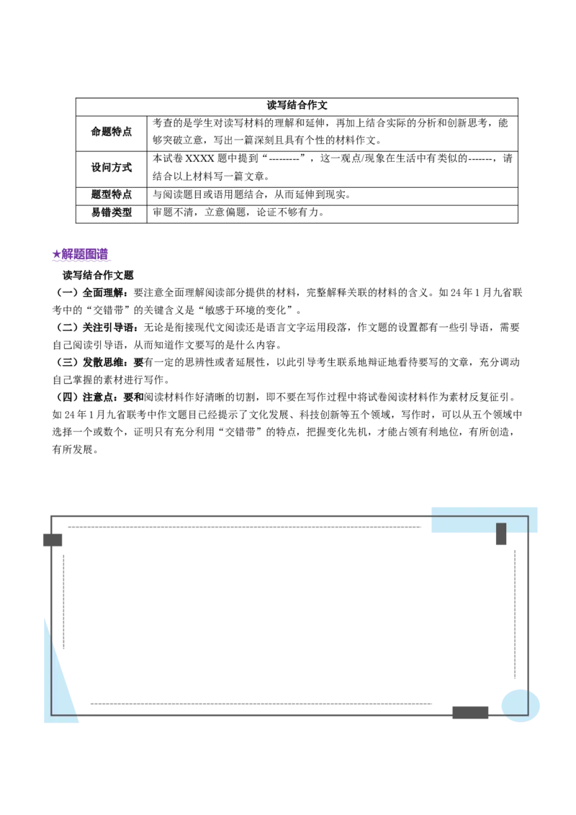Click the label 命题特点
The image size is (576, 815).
[112, 131]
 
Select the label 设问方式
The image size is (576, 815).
[112, 167]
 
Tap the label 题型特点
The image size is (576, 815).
[112, 194]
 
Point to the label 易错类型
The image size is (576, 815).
[112, 212]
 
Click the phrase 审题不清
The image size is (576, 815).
[173, 212]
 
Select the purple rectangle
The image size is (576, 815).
[81, 255]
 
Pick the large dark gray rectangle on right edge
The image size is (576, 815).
[550, 612]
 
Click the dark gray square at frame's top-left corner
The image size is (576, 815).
[52, 537]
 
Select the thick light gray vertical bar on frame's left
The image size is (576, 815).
[63, 601]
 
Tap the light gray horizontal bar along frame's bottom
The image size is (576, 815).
[259, 706]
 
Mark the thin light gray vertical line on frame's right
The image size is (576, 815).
[516, 612]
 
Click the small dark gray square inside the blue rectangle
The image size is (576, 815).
[502, 530]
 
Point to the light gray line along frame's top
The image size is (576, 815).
[245, 527]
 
